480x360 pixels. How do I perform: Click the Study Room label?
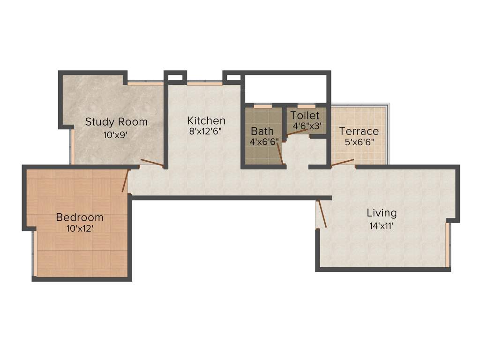[116, 122]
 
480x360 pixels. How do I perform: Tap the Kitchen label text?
[206, 120]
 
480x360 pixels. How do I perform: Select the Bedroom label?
[80, 217]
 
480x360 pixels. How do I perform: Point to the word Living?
[382, 213]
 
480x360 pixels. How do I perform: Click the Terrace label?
[359, 131]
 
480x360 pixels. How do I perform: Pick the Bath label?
[262, 131]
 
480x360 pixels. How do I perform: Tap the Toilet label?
[305, 115]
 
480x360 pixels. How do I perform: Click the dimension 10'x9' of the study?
[116, 135]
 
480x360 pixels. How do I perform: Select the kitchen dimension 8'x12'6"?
[205, 132]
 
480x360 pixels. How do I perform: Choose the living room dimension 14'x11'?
[381, 225]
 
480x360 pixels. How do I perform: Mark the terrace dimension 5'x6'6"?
[359, 142]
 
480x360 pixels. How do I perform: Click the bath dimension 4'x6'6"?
[264, 141]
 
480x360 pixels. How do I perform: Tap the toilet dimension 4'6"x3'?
[307, 126]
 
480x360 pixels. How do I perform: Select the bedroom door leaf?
[125, 180]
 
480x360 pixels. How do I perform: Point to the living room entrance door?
[322, 214]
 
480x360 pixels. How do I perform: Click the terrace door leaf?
[343, 162]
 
